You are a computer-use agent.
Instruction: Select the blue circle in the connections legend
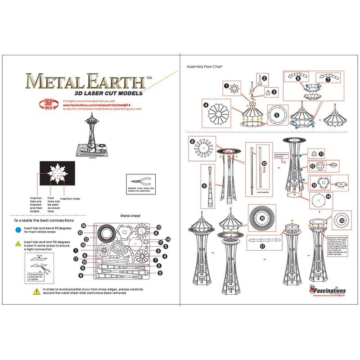(17, 229)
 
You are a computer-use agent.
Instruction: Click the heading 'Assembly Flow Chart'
(204, 67)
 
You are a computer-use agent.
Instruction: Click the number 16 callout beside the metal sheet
(84, 225)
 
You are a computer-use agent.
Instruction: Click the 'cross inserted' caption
(261, 192)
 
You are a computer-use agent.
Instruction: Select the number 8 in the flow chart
(192, 142)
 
